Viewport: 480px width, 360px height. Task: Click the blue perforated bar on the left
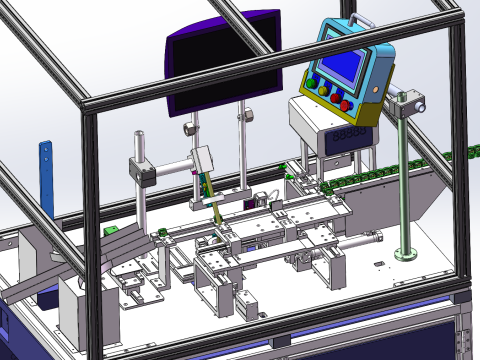tap(45, 176)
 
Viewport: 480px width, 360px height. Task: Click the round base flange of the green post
tap(406, 251)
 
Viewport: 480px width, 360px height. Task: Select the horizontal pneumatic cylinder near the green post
tap(361, 241)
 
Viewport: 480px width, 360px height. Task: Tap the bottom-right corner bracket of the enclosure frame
tap(461, 298)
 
